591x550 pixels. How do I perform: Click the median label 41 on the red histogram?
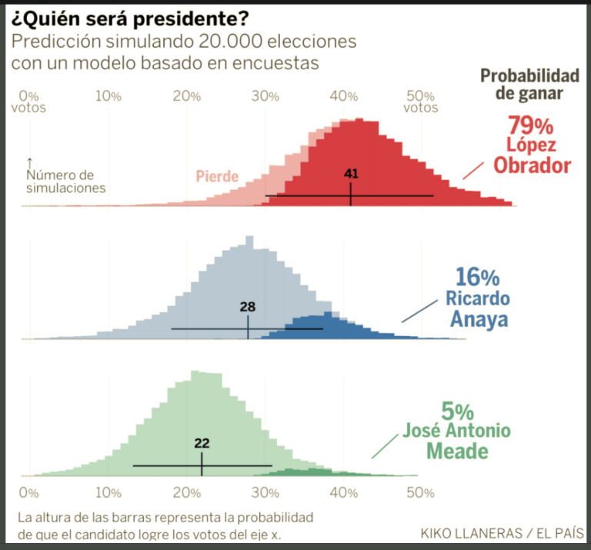(x=351, y=174)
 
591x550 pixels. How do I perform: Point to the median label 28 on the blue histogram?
(x=248, y=307)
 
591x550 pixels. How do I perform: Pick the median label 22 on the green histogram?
(x=202, y=443)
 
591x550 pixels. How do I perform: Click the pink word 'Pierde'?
(x=218, y=177)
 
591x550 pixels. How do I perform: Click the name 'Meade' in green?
(x=459, y=452)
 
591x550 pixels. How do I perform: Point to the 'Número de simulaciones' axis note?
(x=65, y=182)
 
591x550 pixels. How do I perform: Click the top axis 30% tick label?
(x=265, y=96)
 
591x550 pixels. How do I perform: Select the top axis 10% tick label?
(x=108, y=96)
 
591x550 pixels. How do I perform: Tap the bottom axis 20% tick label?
(x=187, y=492)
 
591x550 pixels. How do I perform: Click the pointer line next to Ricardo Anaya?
(x=417, y=311)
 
